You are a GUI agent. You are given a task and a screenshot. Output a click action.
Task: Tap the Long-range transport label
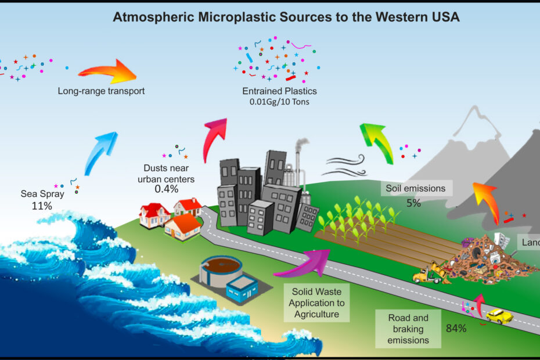(101, 91)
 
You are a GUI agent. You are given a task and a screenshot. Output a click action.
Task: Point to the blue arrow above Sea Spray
(100, 153)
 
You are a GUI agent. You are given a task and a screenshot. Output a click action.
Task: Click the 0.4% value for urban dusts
(166, 188)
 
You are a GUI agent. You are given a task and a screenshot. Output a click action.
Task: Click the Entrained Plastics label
(279, 92)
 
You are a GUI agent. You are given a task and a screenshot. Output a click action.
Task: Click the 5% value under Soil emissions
(414, 203)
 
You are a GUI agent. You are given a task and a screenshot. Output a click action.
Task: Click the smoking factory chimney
(299, 157)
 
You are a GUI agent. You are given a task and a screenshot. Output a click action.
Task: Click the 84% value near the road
(456, 329)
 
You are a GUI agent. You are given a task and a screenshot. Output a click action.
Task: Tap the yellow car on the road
(498, 316)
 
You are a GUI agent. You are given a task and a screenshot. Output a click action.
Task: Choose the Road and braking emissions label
(409, 329)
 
